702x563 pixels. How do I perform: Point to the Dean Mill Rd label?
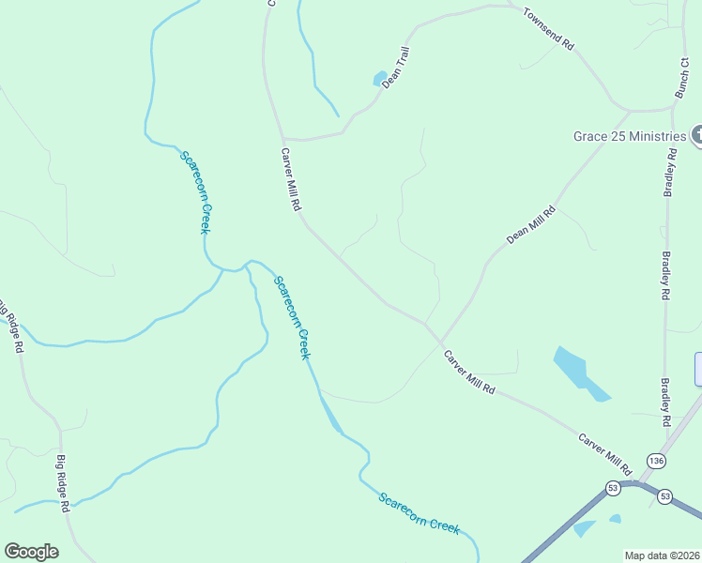[531, 225]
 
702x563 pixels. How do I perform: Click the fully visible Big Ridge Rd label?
[63, 483]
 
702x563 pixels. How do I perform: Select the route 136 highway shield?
[656, 461]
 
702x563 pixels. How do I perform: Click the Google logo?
[31, 552]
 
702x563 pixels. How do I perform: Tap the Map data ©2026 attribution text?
[662, 555]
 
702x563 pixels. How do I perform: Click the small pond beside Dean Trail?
[380, 79]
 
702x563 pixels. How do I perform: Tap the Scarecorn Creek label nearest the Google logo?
[420, 512]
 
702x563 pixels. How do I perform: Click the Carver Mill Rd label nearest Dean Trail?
[290, 178]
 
